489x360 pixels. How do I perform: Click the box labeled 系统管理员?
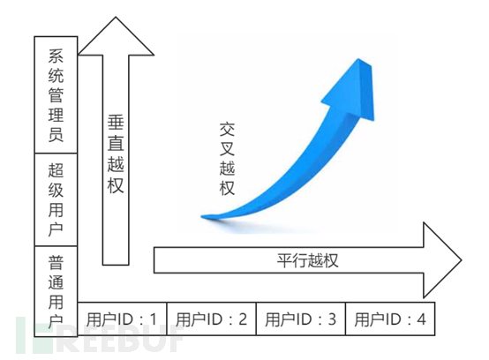point(56,94)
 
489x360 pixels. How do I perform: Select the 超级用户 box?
point(56,199)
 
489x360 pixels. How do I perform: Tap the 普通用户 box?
point(56,291)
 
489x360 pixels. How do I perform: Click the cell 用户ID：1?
point(122,319)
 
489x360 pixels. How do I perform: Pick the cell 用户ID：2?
point(212,319)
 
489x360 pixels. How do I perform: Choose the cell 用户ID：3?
point(301,319)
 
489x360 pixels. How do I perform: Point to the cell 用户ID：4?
point(390,319)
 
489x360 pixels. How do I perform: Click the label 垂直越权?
point(116,154)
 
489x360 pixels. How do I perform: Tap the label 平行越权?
point(307,260)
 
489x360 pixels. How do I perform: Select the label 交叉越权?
point(227,159)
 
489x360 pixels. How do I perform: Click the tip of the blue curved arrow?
point(359,59)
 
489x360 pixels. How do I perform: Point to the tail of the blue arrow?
point(201,216)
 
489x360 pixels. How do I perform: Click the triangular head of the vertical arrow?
point(116,36)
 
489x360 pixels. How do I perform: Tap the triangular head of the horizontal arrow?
point(442,260)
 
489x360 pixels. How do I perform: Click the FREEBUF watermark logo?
point(99,335)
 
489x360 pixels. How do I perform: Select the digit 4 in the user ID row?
point(421,319)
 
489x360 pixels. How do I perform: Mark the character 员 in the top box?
point(56,134)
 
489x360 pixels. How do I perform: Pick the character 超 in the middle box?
point(56,170)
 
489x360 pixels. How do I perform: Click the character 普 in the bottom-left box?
point(56,262)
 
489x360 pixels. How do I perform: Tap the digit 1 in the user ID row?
point(154,319)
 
